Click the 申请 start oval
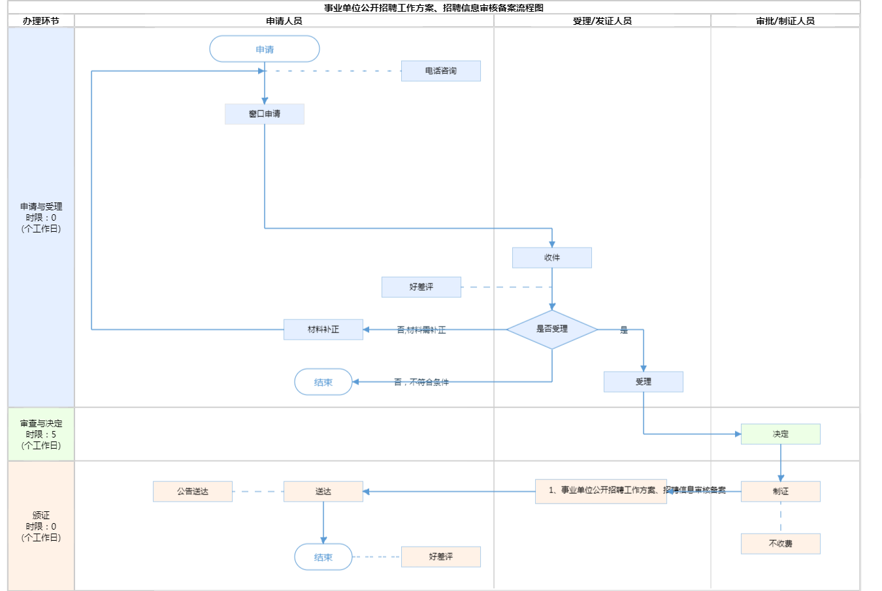[265, 49]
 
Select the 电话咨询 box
[441, 71]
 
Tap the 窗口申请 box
[265, 114]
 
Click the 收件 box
[552, 257]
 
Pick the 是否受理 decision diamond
[552, 329]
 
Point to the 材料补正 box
[323, 329]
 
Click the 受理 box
[644, 381]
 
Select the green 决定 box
[781, 434]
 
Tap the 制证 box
[781, 491]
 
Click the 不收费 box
[781, 543]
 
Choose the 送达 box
[323, 491]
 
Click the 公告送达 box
[193, 491]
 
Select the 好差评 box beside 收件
[421, 287]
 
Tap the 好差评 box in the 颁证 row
[441, 556]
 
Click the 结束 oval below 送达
[323, 557]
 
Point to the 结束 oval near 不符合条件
[323, 382]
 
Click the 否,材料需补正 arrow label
[421, 330]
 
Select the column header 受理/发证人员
[602, 21]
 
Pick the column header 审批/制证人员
[785, 21]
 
